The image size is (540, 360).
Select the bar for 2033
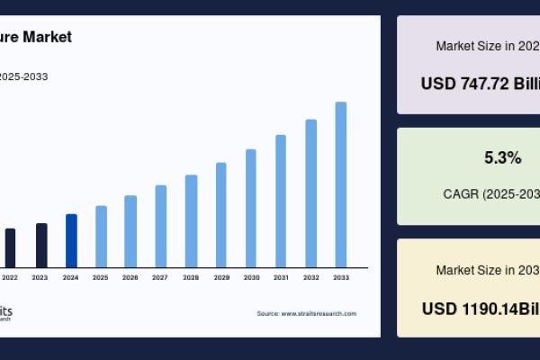tap(341, 184)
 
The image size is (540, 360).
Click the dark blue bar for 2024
tap(71, 240)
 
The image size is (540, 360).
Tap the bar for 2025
tap(101, 236)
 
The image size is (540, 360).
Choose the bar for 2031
tap(281, 201)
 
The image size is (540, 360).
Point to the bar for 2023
tap(41, 245)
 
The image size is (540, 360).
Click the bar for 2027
tap(161, 226)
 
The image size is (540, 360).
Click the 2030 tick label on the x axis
tap(251, 278)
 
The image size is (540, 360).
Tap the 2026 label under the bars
tap(130, 278)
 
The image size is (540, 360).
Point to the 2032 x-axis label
tap(311, 278)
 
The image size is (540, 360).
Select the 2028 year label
tap(191, 278)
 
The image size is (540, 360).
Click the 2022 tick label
tap(10, 278)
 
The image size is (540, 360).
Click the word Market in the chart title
tap(49, 38)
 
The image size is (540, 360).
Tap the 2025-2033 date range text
tap(24, 76)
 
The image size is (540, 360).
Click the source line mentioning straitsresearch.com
tap(306, 313)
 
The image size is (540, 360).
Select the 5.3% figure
tap(502, 158)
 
